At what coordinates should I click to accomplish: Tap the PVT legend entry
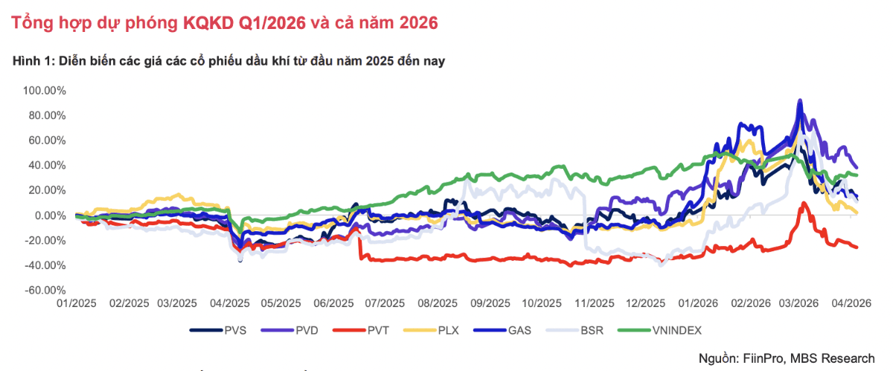[378, 329]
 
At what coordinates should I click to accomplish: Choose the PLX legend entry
[448, 329]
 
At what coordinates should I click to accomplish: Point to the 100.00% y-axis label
[45, 91]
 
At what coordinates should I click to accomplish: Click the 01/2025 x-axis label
[77, 303]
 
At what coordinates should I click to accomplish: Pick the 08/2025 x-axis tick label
[438, 303]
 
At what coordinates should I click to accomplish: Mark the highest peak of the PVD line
[800, 100]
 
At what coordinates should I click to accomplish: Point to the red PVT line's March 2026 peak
[804, 203]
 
